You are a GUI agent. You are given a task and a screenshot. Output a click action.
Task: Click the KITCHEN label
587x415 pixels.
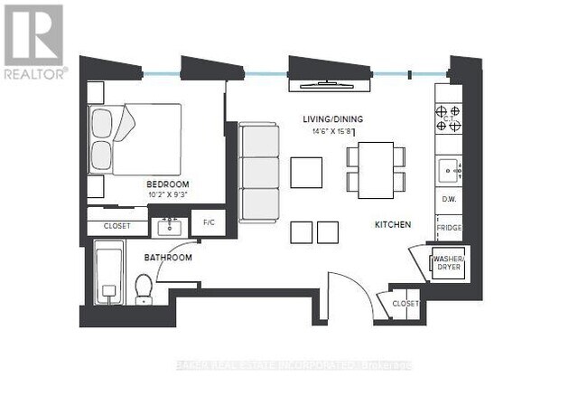click(x=394, y=224)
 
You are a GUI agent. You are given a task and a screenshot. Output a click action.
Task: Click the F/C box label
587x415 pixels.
click(x=210, y=222)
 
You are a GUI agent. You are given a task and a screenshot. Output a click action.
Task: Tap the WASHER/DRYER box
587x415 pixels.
click(x=450, y=265)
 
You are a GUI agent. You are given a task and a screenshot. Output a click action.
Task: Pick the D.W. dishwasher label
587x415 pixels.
click(x=449, y=199)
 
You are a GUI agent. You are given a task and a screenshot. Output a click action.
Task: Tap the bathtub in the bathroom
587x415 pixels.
click(x=107, y=275)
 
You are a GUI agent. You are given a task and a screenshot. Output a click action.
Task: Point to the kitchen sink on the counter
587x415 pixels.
click(x=448, y=169)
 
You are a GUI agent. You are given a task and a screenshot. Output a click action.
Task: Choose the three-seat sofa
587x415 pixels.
click(x=260, y=172)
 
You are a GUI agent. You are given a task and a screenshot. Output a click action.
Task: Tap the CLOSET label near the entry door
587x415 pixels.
click(x=405, y=304)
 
